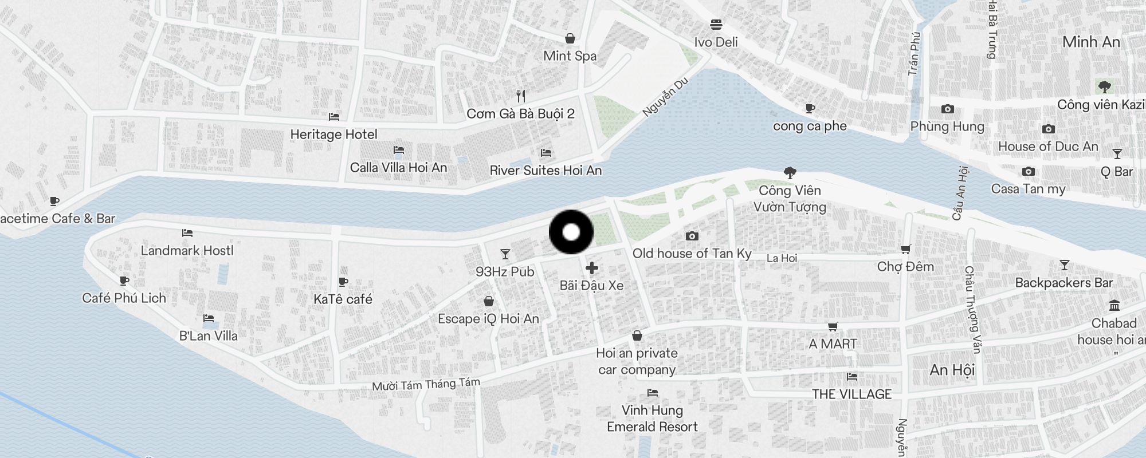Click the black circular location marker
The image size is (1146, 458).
571,232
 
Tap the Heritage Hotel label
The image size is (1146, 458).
333,135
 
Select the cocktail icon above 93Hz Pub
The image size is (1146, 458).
505,254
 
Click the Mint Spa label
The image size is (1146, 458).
570,56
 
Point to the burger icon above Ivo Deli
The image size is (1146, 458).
716,25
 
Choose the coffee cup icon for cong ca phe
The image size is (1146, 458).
810,108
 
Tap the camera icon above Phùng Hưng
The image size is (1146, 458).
947,109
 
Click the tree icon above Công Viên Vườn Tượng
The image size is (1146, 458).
790,172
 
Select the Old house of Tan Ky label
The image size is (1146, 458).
692,253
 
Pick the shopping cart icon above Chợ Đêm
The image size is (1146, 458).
905,249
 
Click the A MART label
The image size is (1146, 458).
833,344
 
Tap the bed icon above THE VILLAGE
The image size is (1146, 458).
851,377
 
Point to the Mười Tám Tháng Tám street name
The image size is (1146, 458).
426,384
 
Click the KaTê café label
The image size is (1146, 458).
343,299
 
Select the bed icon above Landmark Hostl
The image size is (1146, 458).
187,233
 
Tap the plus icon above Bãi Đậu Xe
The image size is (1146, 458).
591,268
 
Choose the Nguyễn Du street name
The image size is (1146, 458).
665,97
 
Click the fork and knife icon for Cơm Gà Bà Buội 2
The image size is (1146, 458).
520,96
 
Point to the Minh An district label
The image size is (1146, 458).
1090,42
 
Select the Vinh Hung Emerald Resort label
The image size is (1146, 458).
652,418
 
